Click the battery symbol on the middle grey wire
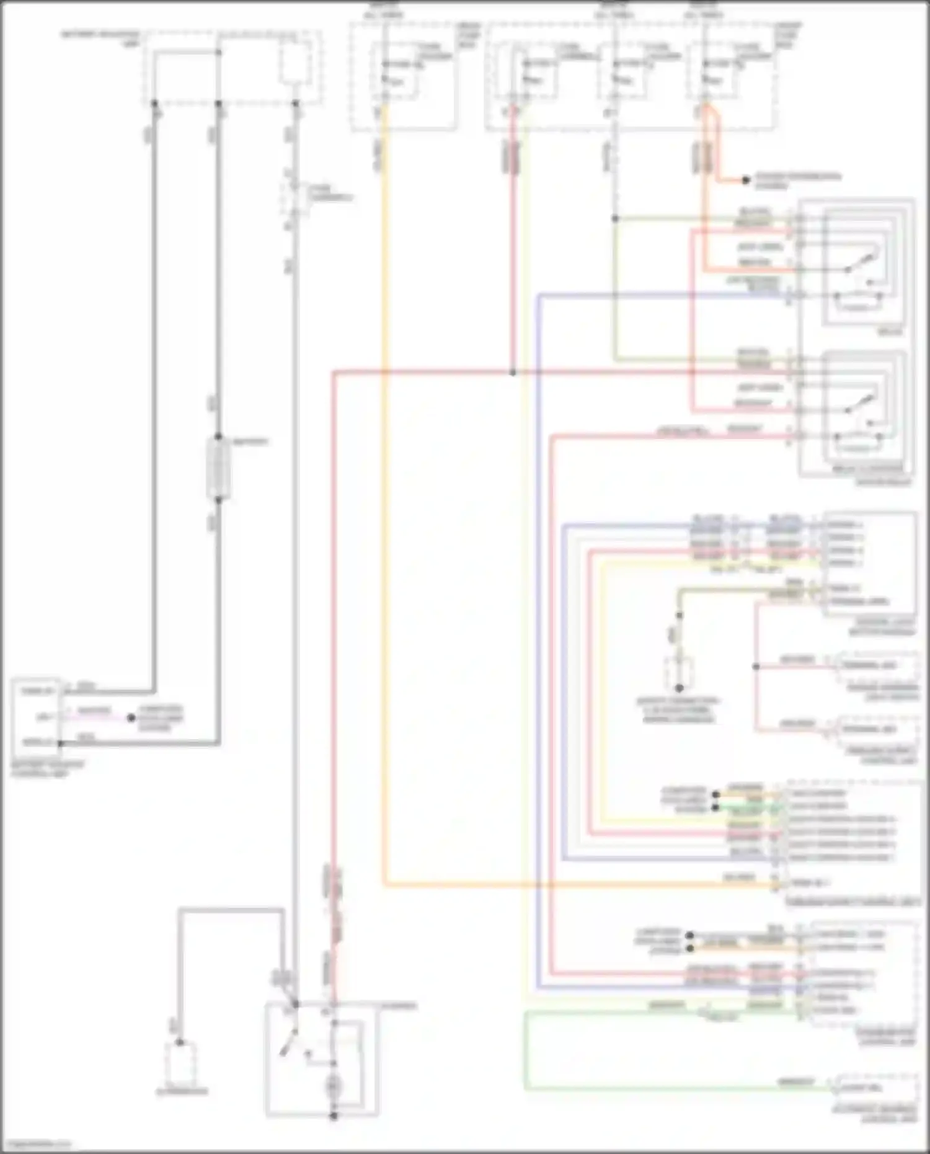pyautogui.click(x=218, y=468)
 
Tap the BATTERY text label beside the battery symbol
pyautogui.click(x=250, y=442)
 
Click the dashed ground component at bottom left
pyautogui.click(x=180, y=1064)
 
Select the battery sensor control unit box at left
pyautogui.click(x=36, y=717)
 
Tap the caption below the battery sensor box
pyautogui.click(x=47, y=769)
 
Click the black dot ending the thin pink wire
pyautogui.click(x=131, y=718)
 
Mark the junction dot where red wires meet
pyautogui.click(x=513, y=372)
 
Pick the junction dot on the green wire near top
pyautogui.click(x=615, y=218)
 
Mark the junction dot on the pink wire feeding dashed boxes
pyautogui.click(x=756, y=667)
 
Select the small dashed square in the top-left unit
pyautogui.click(x=295, y=62)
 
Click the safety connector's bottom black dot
pyautogui.click(x=679, y=688)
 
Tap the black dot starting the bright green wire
pyautogui.click(x=715, y=807)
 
